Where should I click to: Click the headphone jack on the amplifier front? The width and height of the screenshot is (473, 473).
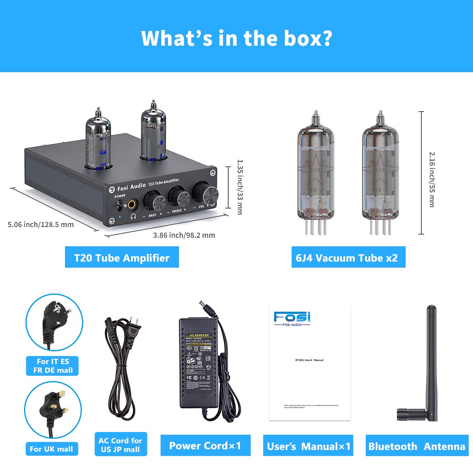point(131,204)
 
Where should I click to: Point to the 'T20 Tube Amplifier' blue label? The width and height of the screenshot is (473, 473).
point(122,258)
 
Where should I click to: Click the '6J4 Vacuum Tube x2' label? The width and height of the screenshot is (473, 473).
point(346,258)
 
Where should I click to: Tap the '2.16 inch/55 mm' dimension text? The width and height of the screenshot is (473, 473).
point(432,179)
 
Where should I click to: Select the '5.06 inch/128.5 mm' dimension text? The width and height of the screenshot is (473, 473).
point(41,224)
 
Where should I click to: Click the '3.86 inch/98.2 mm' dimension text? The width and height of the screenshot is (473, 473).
point(184,235)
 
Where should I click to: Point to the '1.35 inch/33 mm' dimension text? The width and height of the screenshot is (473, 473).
point(239,187)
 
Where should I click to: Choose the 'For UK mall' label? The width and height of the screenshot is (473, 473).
point(51,449)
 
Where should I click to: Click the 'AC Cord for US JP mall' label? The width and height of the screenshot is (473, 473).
point(120,445)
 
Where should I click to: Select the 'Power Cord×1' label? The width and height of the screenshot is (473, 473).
point(205,446)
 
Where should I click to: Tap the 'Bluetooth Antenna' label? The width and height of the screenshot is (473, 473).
point(417,447)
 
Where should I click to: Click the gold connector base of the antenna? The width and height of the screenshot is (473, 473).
point(406,414)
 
